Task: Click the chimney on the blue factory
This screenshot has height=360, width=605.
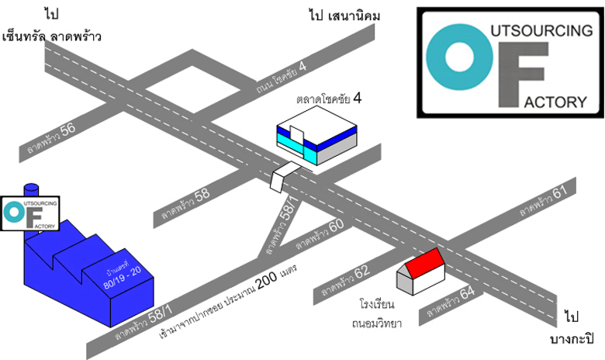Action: pyautogui.click(x=31, y=191)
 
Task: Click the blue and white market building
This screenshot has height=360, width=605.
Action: pyautogui.click(x=316, y=140)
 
